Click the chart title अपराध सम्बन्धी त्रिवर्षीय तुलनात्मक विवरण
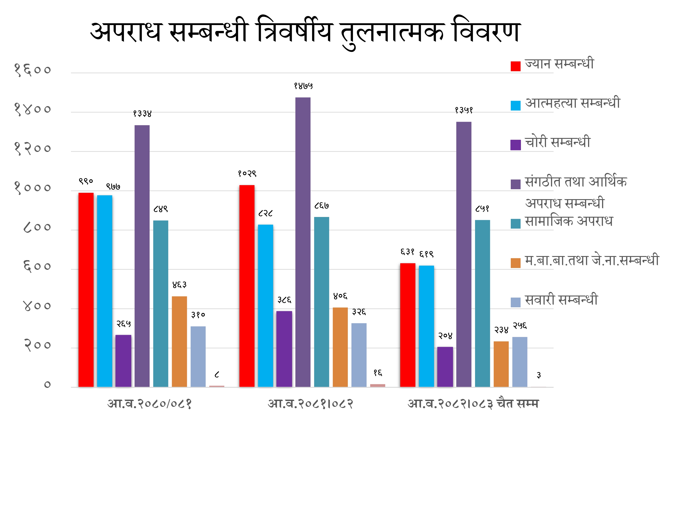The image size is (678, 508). [305, 32]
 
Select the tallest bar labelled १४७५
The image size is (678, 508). [303, 242]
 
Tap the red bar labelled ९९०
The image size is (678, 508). [86, 289]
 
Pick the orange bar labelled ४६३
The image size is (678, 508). [179, 341]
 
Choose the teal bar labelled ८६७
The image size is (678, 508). [322, 302]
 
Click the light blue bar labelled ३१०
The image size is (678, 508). [198, 357]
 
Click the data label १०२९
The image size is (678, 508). [247, 174]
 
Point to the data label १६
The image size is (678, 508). [378, 373]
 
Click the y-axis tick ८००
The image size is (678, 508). [37, 227]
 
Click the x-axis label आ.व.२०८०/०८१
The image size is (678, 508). [150, 404]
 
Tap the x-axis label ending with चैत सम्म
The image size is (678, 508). [473, 404]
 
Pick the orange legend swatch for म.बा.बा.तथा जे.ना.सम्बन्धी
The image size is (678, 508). [516, 263]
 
